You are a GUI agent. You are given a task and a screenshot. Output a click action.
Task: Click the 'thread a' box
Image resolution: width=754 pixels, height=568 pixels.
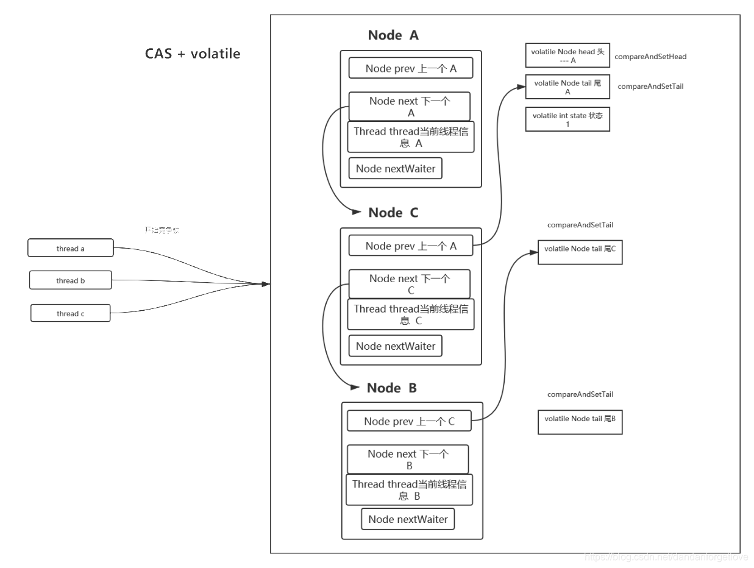pyautogui.click(x=70, y=248)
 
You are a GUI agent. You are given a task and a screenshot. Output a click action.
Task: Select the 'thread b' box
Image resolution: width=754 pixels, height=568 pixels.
pyautogui.click(x=71, y=280)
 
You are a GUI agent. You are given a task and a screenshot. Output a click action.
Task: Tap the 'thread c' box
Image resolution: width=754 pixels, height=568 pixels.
pyautogui.click(x=71, y=313)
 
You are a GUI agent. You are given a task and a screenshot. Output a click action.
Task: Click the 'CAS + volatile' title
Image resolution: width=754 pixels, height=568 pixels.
pyautogui.click(x=193, y=54)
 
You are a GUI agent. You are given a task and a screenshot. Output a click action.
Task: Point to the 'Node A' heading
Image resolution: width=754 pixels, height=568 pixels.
pyautogui.click(x=393, y=35)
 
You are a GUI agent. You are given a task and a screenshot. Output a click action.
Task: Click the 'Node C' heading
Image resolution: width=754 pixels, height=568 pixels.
pyautogui.click(x=393, y=213)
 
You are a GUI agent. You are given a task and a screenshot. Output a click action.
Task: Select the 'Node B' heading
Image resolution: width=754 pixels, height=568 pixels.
pyautogui.click(x=392, y=388)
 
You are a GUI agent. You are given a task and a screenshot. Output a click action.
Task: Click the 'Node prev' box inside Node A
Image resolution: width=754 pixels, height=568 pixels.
pyautogui.click(x=411, y=68)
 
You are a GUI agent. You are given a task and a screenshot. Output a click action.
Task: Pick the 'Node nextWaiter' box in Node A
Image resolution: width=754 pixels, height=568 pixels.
pyautogui.click(x=395, y=169)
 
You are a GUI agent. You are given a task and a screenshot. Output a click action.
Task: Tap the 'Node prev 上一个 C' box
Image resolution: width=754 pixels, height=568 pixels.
pyautogui.click(x=409, y=421)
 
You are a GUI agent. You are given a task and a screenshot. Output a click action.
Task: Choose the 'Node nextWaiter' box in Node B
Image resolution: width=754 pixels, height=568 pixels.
pyautogui.click(x=408, y=519)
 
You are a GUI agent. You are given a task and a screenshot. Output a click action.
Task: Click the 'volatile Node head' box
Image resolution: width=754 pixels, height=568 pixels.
pyautogui.click(x=567, y=55)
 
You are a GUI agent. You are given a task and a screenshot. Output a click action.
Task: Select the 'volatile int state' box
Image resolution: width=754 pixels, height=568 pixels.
pyautogui.click(x=567, y=119)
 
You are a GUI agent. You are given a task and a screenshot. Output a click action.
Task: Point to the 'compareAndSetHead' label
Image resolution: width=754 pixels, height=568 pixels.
pyautogui.click(x=650, y=57)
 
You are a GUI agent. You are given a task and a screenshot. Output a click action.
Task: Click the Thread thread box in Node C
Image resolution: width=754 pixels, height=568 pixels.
pyautogui.click(x=410, y=314)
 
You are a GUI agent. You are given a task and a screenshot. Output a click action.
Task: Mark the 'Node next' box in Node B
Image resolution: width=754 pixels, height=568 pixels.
pyautogui.click(x=408, y=460)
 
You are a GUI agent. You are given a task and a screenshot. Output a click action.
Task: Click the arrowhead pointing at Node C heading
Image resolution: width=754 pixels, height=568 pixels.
pyautogui.click(x=357, y=212)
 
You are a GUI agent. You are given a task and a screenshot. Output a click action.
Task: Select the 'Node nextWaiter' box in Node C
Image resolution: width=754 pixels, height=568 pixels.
pyautogui.click(x=395, y=346)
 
